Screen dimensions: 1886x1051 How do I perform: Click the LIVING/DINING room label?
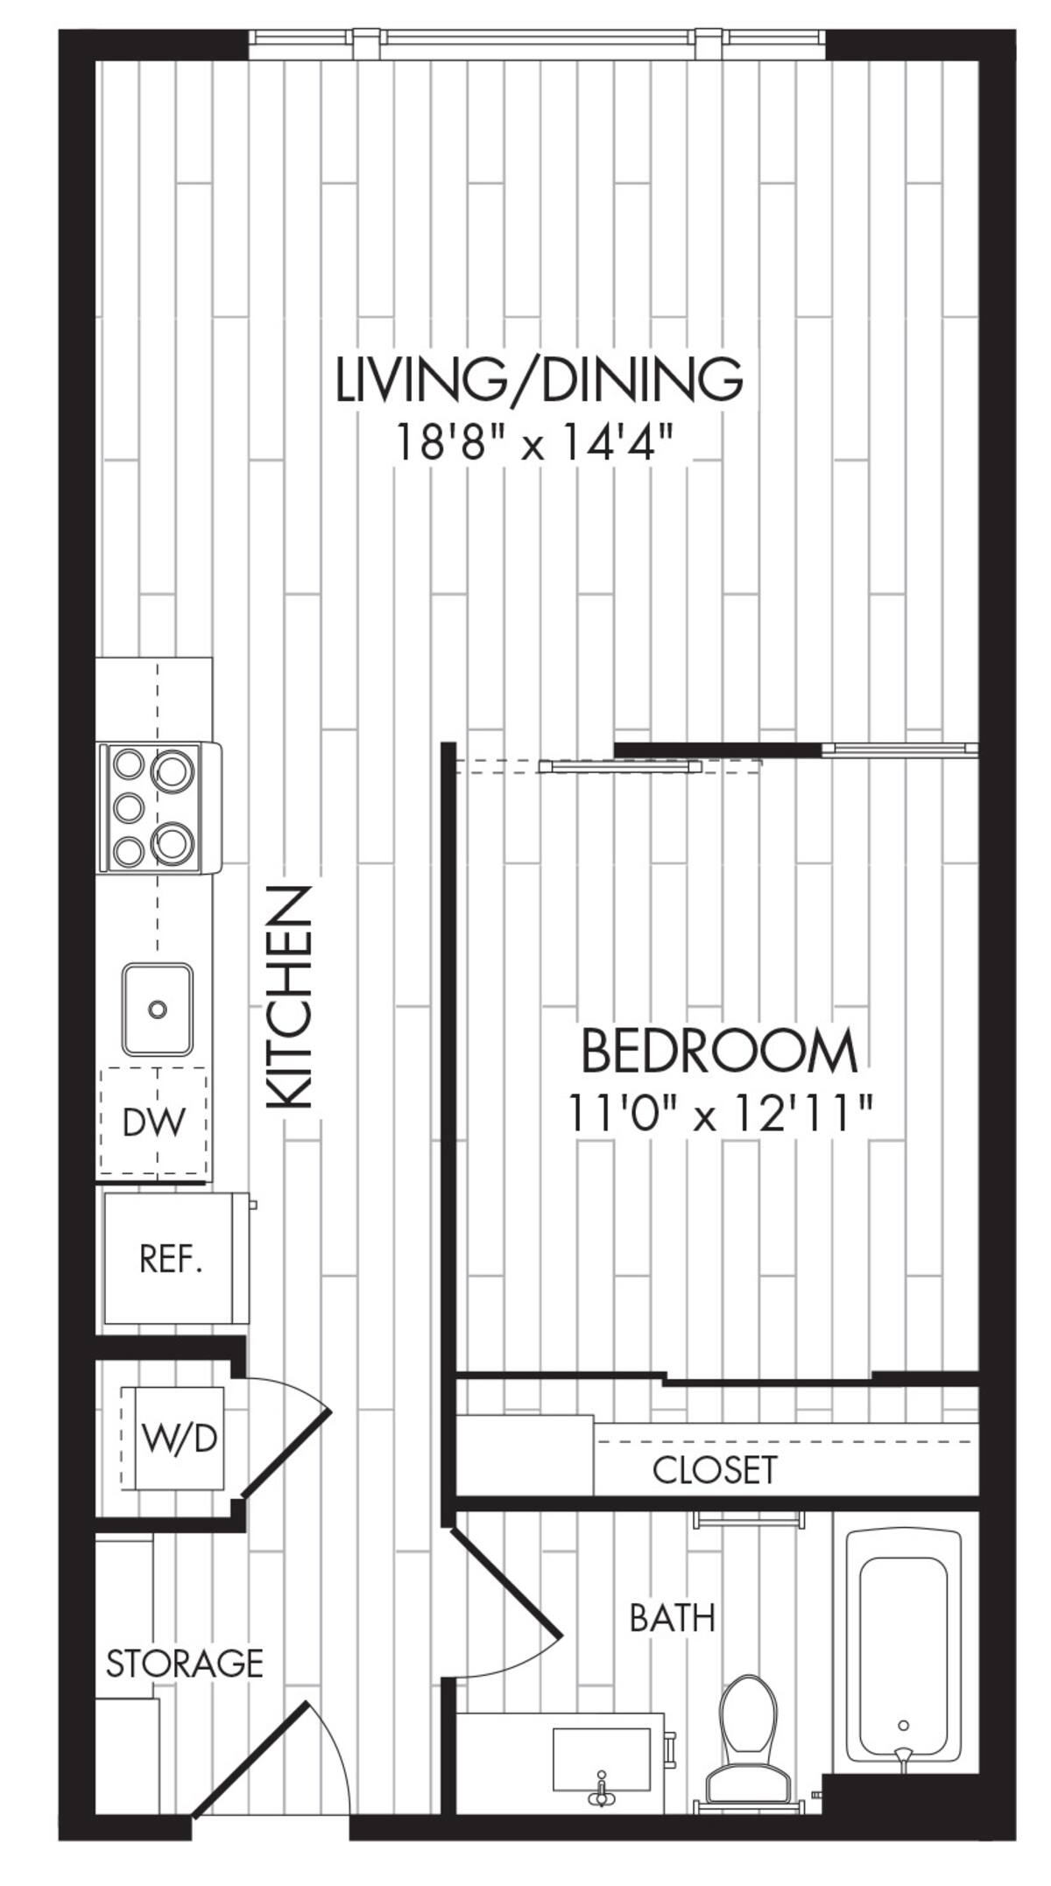[540, 378]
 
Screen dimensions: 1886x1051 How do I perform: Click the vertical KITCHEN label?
[289, 998]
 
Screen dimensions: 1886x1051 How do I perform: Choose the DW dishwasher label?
[154, 1122]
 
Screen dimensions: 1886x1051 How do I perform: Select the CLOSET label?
[714, 1470]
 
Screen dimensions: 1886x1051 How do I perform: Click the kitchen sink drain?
[158, 1010]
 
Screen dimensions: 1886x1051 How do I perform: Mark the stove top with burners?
[158, 807]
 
